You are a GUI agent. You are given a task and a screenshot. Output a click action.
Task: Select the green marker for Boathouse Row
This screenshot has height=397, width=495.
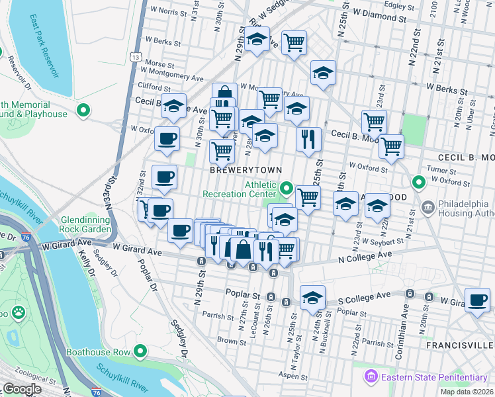140,352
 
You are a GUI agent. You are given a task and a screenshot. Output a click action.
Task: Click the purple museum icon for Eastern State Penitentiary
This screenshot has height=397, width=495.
371,377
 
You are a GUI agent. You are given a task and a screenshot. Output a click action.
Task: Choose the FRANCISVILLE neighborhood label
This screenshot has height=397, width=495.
461,345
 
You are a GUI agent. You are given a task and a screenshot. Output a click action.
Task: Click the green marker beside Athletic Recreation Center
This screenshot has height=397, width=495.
286,189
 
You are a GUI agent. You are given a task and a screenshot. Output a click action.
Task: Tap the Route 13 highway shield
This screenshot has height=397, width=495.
135,58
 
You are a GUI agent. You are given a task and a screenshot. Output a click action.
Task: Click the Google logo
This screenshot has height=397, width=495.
22,388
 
